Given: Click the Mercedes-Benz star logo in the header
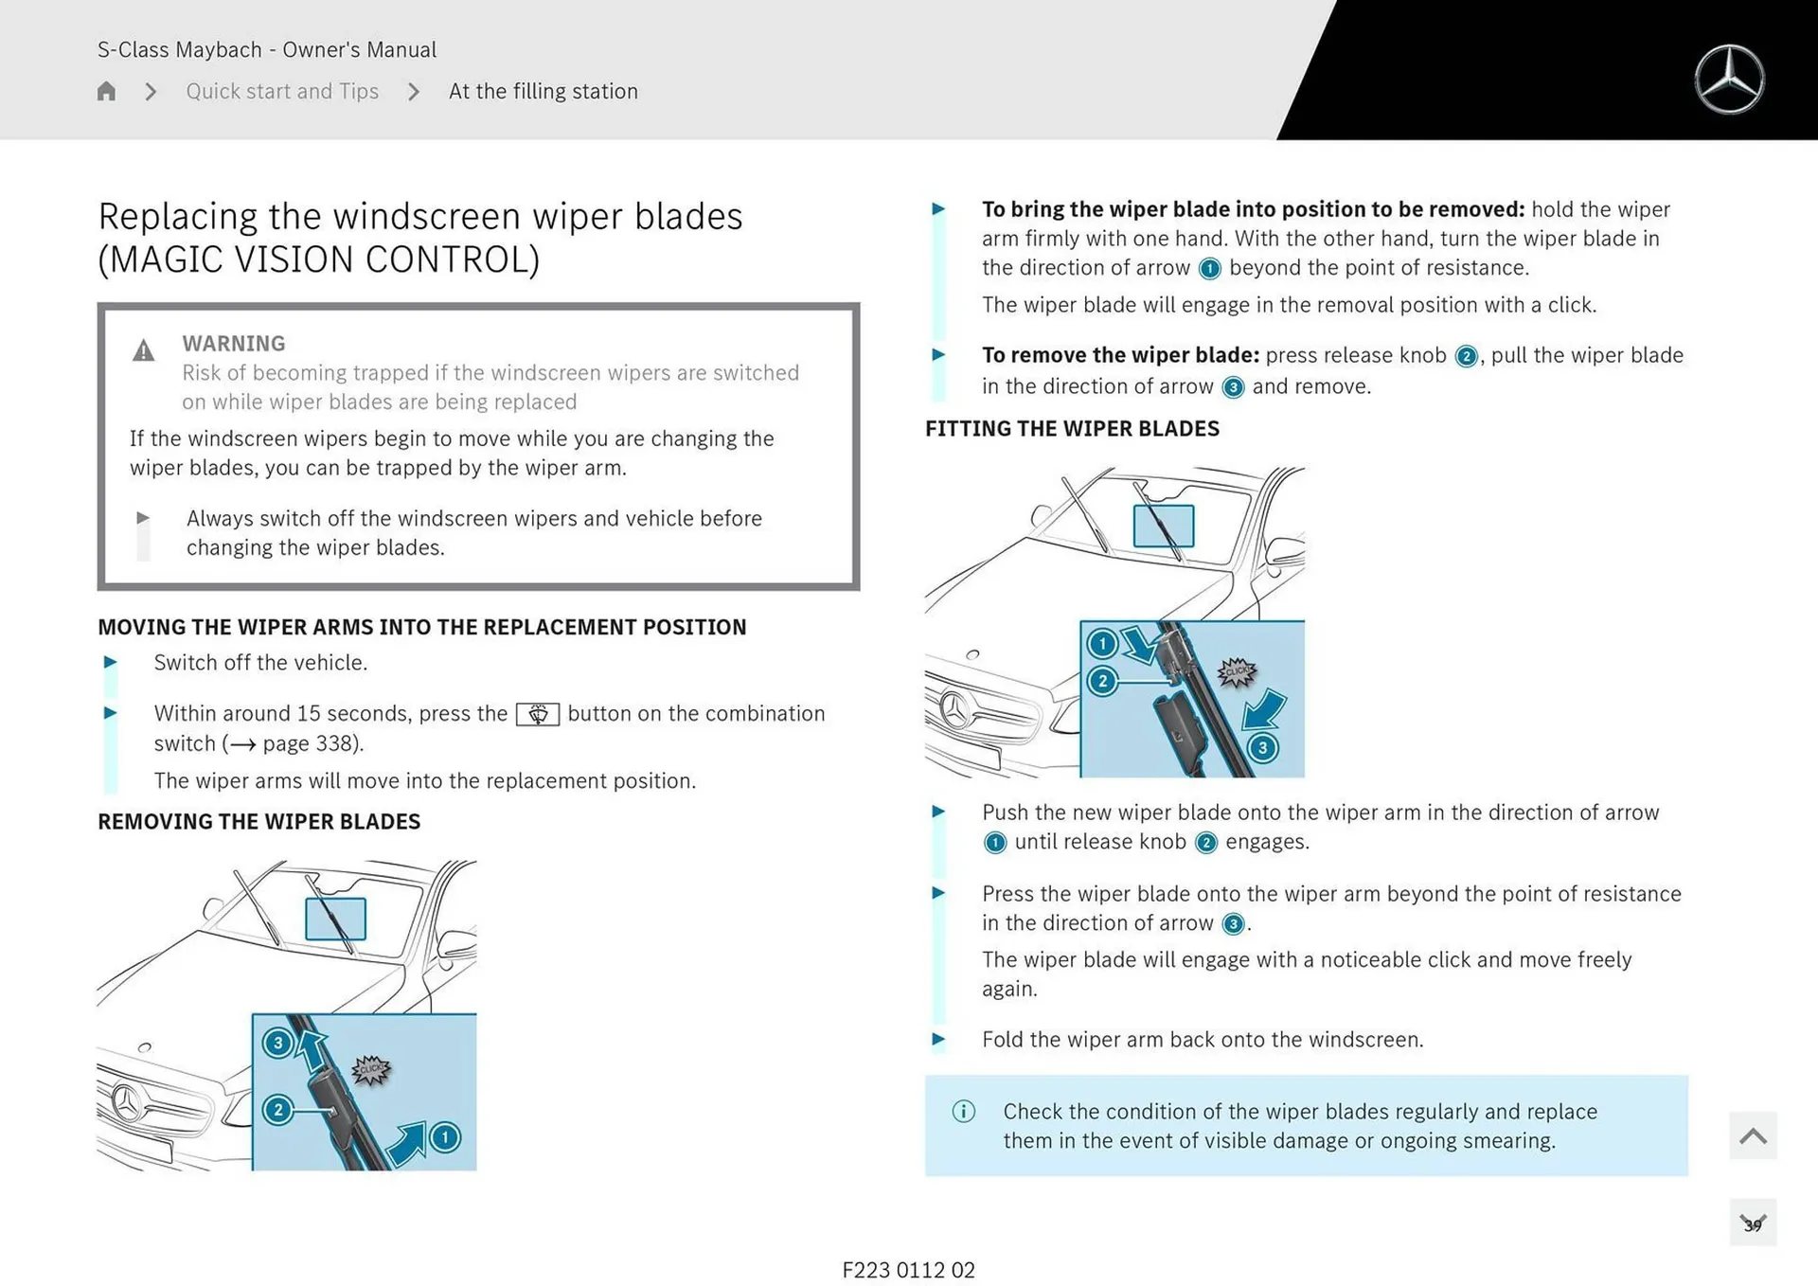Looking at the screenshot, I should pyautogui.click(x=1729, y=80).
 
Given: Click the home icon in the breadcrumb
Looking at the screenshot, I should pyautogui.click(x=106, y=92).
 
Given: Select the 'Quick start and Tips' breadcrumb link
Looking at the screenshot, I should pyautogui.click(x=282, y=92).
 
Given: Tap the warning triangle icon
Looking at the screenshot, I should pyautogui.click(x=143, y=351).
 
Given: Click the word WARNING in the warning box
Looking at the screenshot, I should pyautogui.click(x=234, y=344).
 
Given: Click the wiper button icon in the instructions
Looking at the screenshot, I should pyautogui.click(x=537, y=714).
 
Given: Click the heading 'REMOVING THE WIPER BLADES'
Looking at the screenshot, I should pyautogui.click(x=258, y=822).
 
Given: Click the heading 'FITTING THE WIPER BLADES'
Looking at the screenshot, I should pyautogui.click(x=1072, y=429).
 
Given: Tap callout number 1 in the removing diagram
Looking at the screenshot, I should pyautogui.click(x=445, y=1137).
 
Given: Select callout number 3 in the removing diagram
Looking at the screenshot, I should pyautogui.click(x=277, y=1044).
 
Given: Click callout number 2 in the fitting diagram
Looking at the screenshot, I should pyautogui.click(x=1102, y=681).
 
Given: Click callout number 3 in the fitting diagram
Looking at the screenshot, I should pyautogui.click(x=1262, y=748).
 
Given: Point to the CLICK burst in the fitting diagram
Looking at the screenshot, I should pyautogui.click(x=1237, y=672).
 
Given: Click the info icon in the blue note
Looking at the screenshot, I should pyautogui.click(x=963, y=1112).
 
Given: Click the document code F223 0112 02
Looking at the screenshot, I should pyautogui.click(x=908, y=1270).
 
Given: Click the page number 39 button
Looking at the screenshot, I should pyautogui.click(x=1753, y=1224).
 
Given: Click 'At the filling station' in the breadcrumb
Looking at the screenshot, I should pyautogui.click(x=543, y=92).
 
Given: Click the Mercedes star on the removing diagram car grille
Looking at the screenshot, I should pyautogui.click(x=127, y=1103).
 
